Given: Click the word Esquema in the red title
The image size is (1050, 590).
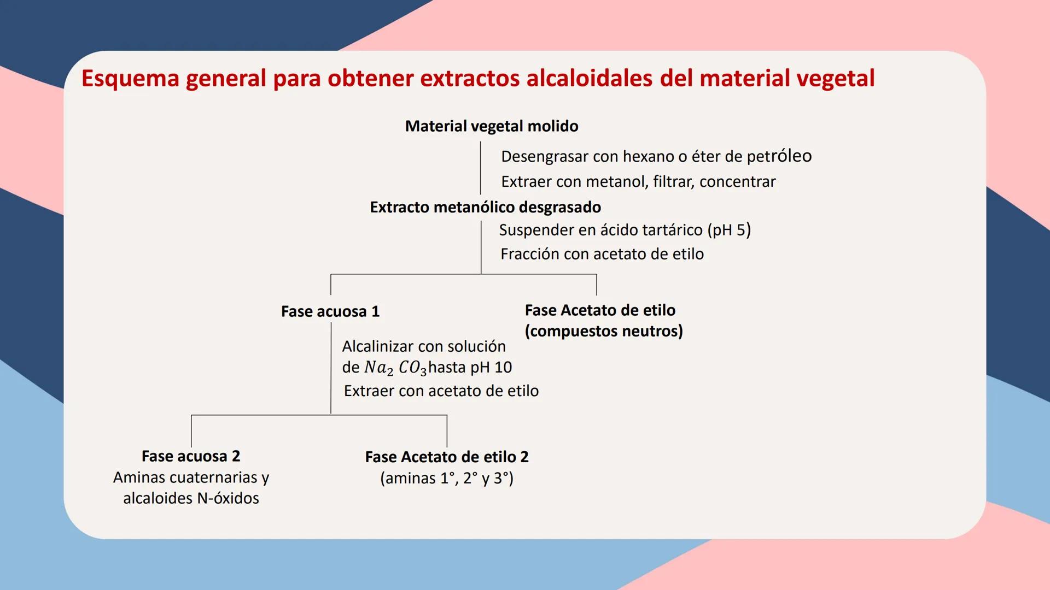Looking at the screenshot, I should pyautogui.click(x=130, y=79).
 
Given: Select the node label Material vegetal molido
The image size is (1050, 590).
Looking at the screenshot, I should pyautogui.click(x=491, y=126).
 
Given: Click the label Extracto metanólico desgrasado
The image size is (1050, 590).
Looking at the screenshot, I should pyautogui.click(x=485, y=207).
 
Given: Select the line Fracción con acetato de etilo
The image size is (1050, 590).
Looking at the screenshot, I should pyautogui.click(x=602, y=254).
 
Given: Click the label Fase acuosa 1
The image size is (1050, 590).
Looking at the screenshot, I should pyautogui.click(x=330, y=311).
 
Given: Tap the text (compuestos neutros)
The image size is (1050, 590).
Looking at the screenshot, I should pyautogui.click(x=604, y=331).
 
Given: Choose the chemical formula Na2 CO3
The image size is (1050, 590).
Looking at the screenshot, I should pyautogui.click(x=395, y=368).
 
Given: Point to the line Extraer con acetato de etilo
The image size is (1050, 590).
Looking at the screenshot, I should pyautogui.click(x=441, y=391).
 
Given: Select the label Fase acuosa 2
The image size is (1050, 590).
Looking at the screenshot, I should pyautogui.click(x=190, y=456).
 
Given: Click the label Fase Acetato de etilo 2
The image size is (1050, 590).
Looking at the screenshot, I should pyautogui.click(x=446, y=457).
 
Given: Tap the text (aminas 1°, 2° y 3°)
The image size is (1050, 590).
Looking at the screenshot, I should pyautogui.click(x=446, y=479).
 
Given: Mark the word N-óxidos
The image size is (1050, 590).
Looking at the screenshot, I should pyautogui.click(x=228, y=498).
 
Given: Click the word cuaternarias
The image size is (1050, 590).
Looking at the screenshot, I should pyautogui.click(x=214, y=477).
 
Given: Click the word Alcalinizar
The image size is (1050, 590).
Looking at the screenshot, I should pyautogui.click(x=376, y=346).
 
